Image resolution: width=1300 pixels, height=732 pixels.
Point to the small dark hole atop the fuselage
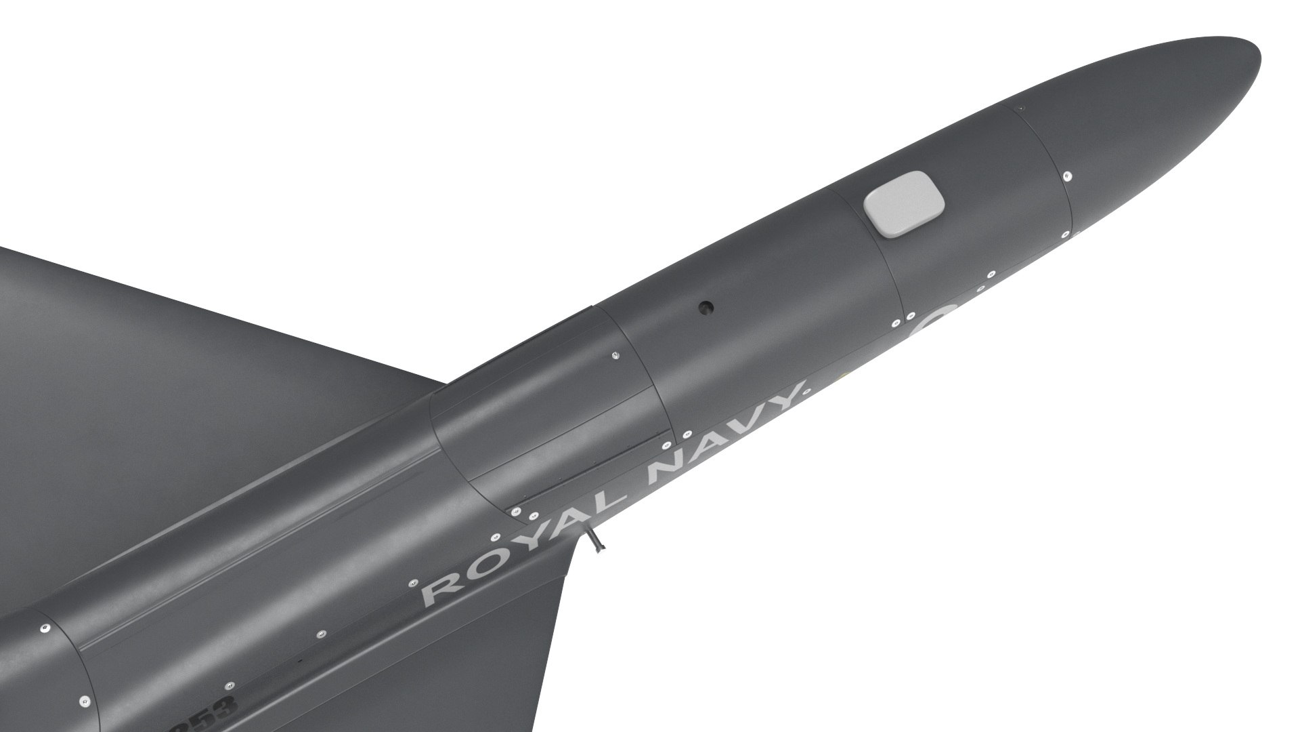(x=706, y=307)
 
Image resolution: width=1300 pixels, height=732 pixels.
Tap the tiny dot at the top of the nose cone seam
(x=1022, y=108)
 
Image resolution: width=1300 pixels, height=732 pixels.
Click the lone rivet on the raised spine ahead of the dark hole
(x=615, y=355)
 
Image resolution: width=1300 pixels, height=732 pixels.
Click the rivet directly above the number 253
(x=230, y=686)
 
